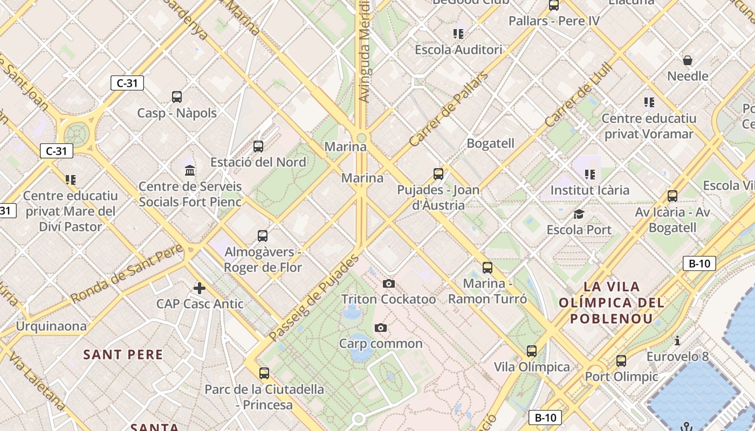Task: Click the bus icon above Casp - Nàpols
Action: click(x=177, y=97)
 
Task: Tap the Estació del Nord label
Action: click(x=258, y=162)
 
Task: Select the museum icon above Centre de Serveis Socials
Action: click(x=190, y=171)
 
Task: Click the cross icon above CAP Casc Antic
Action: click(x=200, y=288)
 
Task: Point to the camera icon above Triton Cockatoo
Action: click(x=388, y=283)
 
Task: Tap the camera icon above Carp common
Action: click(x=381, y=328)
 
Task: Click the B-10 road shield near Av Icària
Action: click(x=699, y=263)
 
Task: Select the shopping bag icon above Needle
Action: click(x=688, y=60)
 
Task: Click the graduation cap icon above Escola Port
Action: click(x=579, y=214)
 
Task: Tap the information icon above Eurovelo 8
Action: click(x=677, y=340)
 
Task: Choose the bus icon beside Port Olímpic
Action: click(x=621, y=360)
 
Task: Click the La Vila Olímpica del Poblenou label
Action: click(x=611, y=302)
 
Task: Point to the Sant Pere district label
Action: click(x=123, y=354)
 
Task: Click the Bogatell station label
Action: click(x=490, y=143)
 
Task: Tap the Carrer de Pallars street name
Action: click(x=449, y=110)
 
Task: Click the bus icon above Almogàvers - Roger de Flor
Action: click(x=263, y=235)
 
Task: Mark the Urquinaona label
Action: click(x=51, y=326)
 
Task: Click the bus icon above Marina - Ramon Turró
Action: click(x=488, y=267)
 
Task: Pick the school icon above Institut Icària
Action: click(x=589, y=174)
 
